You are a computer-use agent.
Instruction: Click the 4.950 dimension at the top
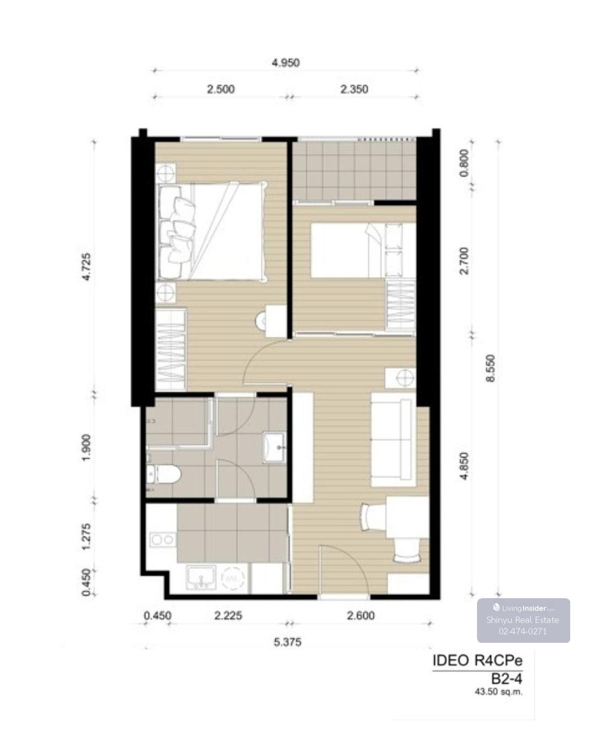pos(285,63)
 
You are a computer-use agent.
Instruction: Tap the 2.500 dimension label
pos(221,89)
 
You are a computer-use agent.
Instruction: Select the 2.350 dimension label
pos(354,89)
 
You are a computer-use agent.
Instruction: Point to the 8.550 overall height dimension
pos(490,368)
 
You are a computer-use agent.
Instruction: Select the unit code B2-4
pos(506,679)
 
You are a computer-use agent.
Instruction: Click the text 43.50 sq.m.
pos(498,692)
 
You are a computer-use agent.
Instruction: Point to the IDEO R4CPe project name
pos(477,660)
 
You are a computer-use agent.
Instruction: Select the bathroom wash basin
pos(274,447)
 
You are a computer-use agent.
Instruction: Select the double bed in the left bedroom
pos(212,231)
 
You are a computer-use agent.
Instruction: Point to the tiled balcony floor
pos(354,171)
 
